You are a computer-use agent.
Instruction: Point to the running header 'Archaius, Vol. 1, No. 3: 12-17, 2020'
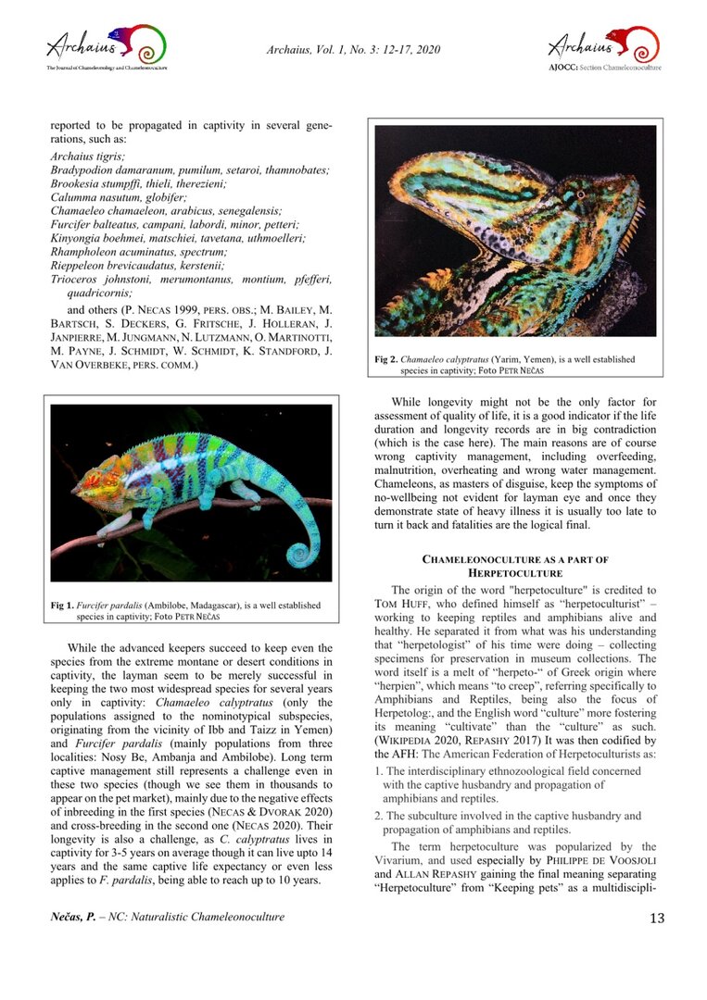coord(353,49)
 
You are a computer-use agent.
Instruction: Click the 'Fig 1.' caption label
coord(62,606)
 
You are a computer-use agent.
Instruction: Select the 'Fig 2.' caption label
coord(386,359)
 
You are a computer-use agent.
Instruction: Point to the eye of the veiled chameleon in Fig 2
coord(580,196)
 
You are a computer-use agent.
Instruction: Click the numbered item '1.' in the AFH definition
coord(379,770)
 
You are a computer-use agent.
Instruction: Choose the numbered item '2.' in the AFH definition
coord(379,816)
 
